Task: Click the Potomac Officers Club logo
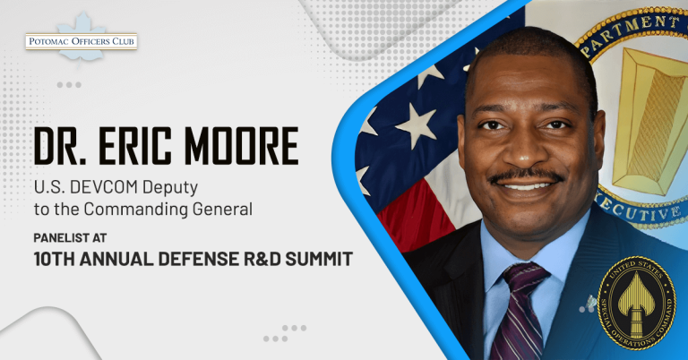(x=81, y=41)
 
